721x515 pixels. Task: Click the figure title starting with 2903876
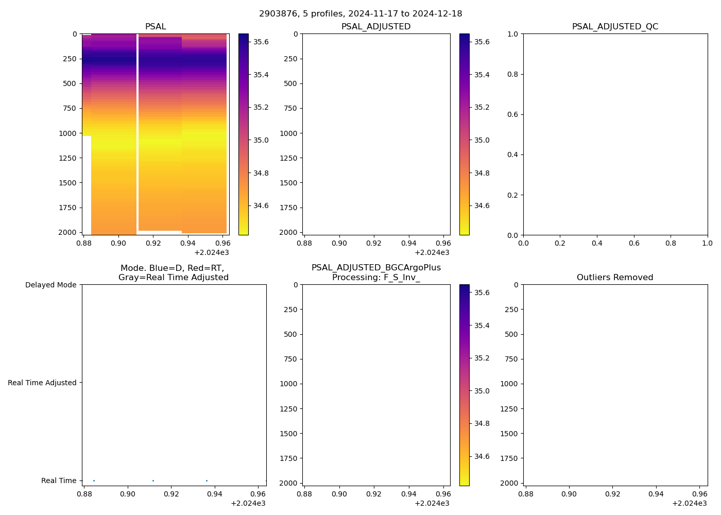pyautogui.click(x=360, y=14)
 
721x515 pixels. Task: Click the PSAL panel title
pyautogui.click(x=156, y=27)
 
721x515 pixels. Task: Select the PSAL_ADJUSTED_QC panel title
pyautogui.click(x=615, y=27)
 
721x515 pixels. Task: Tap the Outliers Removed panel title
pyautogui.click(x=615, y=278)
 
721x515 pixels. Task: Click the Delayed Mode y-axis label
pyautogui.click(x=50, y=285)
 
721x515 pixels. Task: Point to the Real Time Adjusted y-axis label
pyautogui.click(x=42, y=383)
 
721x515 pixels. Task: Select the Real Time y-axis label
pyautogui.click(x=59, y=480)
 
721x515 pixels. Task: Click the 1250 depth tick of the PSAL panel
pyautogui.click(x=67, y=158)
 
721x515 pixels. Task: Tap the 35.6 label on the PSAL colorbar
pyautogui.click(x=261, y=42)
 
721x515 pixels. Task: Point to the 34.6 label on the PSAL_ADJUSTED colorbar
pyautogui.click(x=482, y=206)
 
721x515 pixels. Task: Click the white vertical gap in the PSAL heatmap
pyautogui.click(x=138, y=129)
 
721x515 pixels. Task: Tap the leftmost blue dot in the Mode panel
pyautogui.click(x=94, y=480)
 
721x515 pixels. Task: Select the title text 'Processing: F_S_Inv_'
pyautogui.click(x=376, y=278)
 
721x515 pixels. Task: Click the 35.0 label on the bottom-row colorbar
pyautogui.click(x=482, y=391)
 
